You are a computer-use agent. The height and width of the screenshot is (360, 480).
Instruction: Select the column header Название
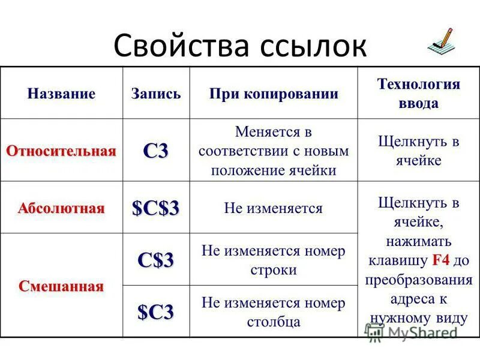61,94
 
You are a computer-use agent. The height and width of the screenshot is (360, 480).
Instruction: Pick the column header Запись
156,94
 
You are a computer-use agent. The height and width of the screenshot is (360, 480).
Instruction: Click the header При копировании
274,94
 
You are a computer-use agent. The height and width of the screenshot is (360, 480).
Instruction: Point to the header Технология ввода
418,93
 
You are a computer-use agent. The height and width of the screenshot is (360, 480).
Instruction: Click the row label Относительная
61,151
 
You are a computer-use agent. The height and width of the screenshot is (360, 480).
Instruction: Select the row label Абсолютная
61,208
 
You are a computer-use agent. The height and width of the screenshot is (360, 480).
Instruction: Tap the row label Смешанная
61,286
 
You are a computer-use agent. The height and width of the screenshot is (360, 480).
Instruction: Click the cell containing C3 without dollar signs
156,151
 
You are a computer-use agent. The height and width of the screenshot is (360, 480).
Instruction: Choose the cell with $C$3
156,208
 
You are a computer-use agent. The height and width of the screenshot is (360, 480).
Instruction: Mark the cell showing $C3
156,312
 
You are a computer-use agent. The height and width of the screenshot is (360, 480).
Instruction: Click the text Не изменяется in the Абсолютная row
274,208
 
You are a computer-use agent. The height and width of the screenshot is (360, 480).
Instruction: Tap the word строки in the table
274,270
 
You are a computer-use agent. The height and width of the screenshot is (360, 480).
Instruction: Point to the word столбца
274,322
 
